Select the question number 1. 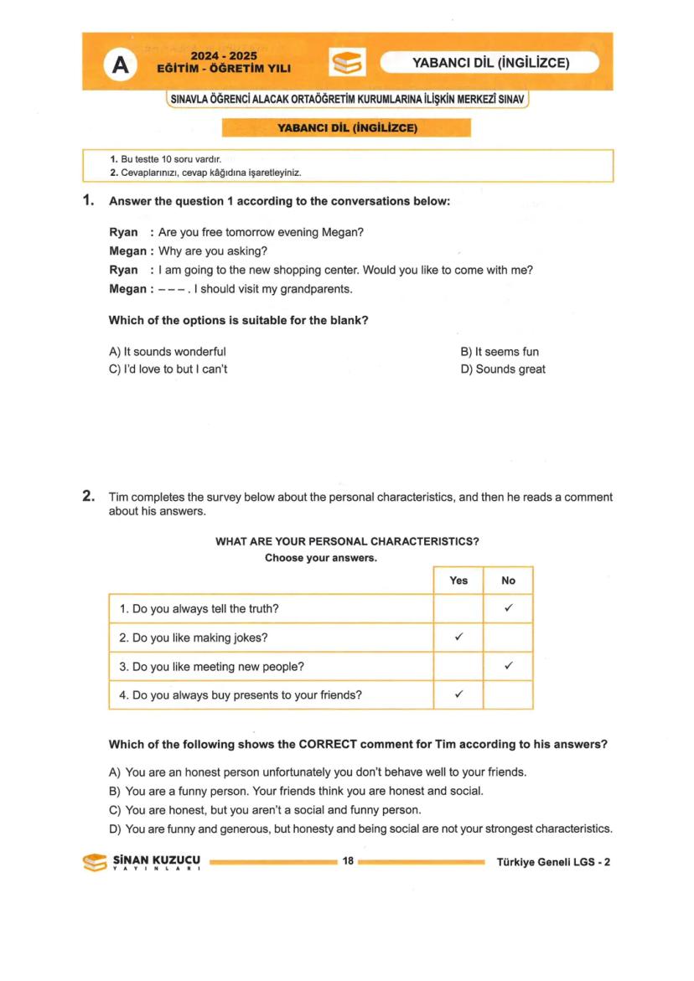pyautogui.click(x=87, y=201)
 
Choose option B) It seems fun pyautogui.click(x=500, y=352)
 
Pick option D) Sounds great pyautogui.click(x=503, y=369)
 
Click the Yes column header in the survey pyautogui.click(x=458, y=581)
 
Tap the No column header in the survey pyautogui.click(x=508, y=581)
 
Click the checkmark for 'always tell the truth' pyautogui.click(x=508, y=609)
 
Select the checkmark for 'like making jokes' pyautogui.click(x=458, y=638)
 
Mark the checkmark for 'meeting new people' pyautogui.click(x=508, y=666)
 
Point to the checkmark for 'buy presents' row pyautogui.click(x=458, y=694)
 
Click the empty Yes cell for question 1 pyautogui.click(x=458, y=609)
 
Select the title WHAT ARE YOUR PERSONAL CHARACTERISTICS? pyautogui.click(x=347, y=542)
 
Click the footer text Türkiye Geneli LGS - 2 pyautogui.click(x=553, y=860)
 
